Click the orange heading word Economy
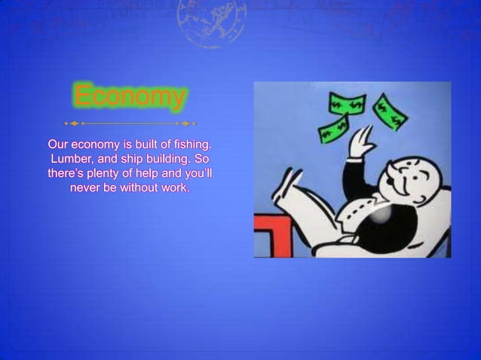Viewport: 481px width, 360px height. (130, 97)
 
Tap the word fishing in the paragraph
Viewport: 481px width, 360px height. (191, 144)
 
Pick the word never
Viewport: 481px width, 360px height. (86, 188)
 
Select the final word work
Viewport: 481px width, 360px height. (176, 188)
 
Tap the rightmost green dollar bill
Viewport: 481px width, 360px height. (389, 111)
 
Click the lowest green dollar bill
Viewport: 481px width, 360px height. (332, 132)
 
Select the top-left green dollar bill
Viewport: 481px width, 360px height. (345, 103)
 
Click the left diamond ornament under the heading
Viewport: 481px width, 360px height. (74, 123)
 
